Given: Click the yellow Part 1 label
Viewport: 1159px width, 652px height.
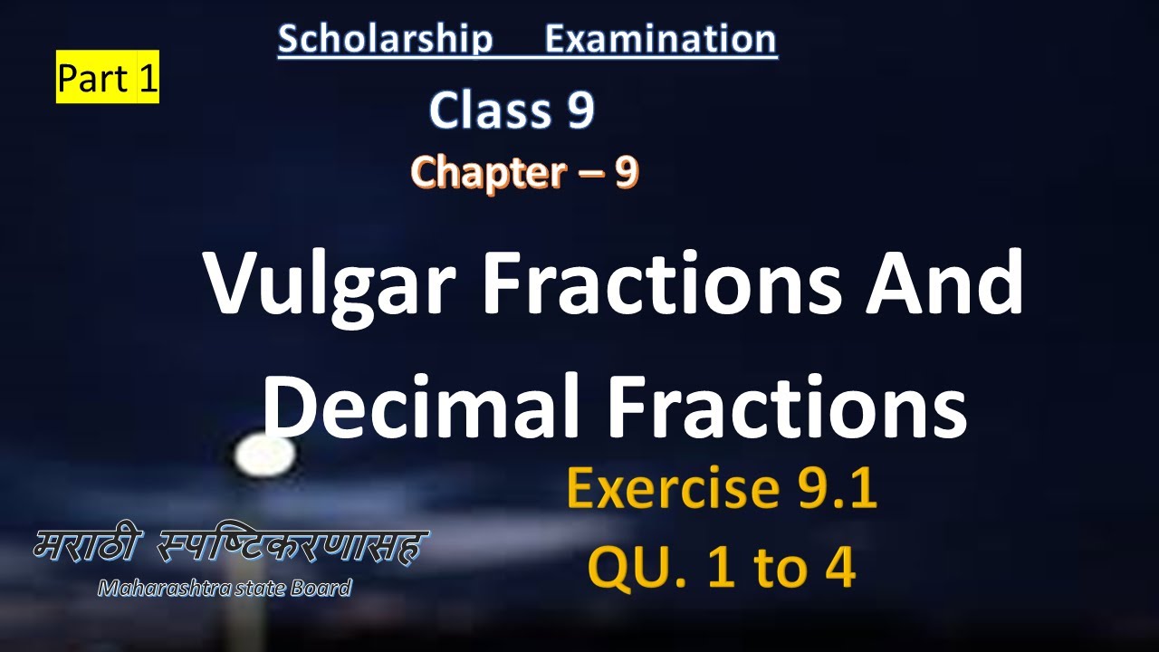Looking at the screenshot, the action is point(108,77).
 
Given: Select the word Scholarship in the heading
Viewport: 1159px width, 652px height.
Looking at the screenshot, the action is point(386,39).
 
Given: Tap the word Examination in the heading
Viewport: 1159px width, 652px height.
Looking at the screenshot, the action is point(661,39).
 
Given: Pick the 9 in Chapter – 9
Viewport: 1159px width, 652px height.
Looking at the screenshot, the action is point(627,172).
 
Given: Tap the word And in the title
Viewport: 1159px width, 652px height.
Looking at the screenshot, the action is point(944,283).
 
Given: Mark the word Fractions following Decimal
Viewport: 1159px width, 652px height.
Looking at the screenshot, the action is point(787,407).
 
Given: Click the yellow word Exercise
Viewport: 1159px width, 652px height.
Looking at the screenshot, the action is point(673,487).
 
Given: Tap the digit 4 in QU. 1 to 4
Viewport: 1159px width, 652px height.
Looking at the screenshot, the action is point(840,567).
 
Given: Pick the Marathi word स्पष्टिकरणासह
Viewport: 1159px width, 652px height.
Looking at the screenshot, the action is point(292,546).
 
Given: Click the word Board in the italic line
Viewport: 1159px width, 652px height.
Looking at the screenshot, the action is point(321,589).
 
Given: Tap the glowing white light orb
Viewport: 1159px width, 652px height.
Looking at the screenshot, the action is point(265,455).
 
